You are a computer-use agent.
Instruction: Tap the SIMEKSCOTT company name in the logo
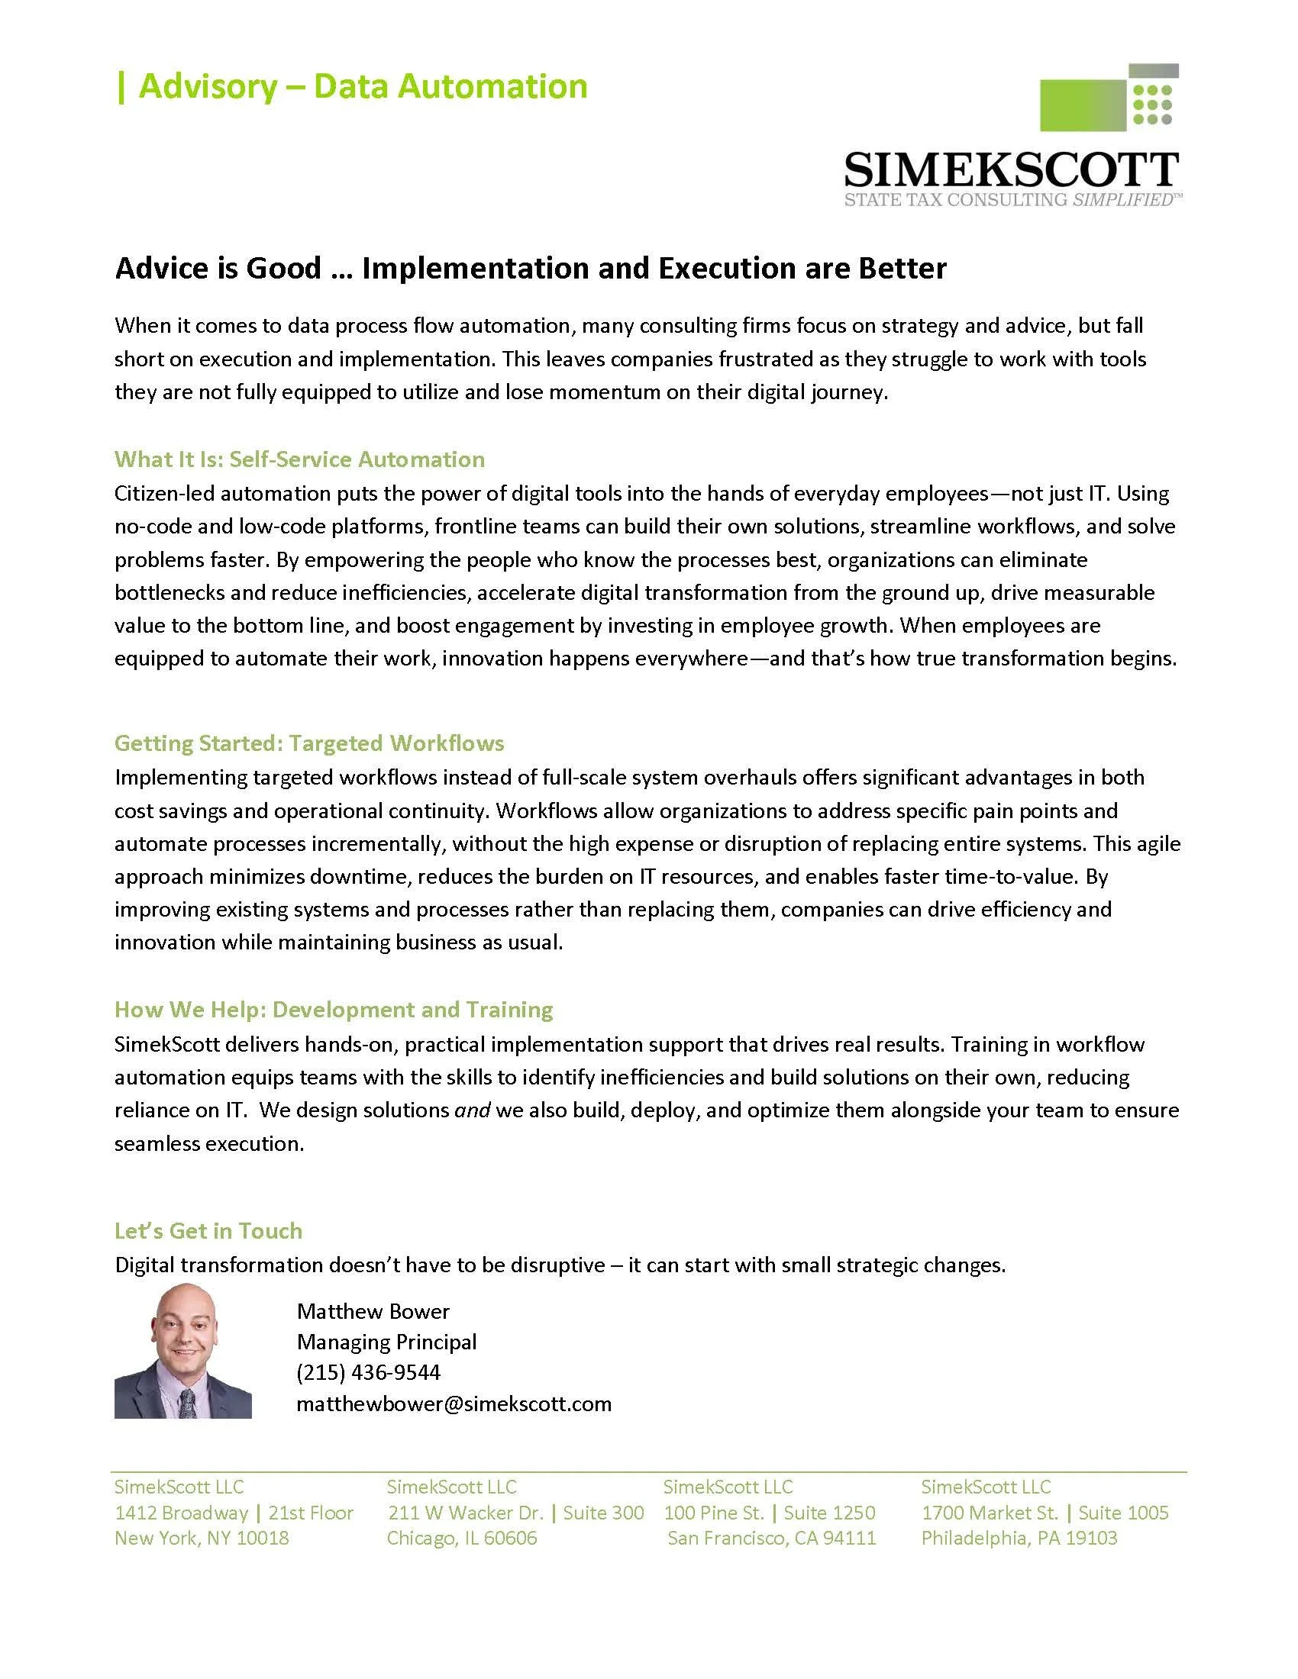[x=1010, y=170]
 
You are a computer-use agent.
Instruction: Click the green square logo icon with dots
[x=1109, y=98]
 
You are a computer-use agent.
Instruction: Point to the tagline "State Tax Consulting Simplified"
[x=1010, y=201]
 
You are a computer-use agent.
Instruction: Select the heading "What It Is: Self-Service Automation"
[x=299, y=459]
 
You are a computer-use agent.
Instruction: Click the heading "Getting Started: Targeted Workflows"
[x=309, y=743]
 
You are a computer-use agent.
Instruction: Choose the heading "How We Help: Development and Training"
[x=333, y=1009]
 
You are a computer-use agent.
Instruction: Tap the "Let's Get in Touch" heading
[x=208, y=1230]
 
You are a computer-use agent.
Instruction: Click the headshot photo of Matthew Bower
[x=183, y=1351]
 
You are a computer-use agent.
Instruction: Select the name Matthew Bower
[x=372, y=1310]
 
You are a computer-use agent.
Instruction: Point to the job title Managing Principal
[x=386, y=1342]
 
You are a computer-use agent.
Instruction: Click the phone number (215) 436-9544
[x=368, y=1372]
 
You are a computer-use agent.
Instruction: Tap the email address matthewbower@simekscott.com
[x=454, y=1403]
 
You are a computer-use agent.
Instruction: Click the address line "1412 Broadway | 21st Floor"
[x=234, y=1512]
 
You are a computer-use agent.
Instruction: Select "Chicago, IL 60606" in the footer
[x=461, y=1538]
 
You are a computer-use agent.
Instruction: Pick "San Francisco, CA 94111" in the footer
[x=771, y=1538]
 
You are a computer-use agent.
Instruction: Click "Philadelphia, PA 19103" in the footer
[x=1019, y=1538]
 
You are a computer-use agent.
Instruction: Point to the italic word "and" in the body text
[x=472, y=1110]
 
